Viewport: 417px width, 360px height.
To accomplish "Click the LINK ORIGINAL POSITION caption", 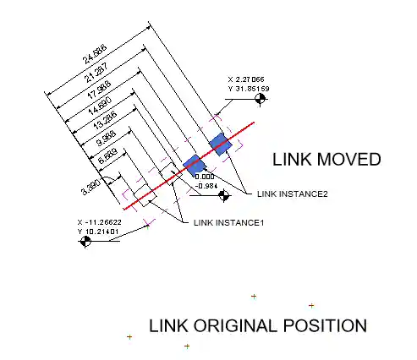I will point(258,325).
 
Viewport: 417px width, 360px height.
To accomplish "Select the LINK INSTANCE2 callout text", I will point(293,194).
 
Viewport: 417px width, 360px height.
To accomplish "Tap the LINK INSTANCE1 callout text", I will point(229,222).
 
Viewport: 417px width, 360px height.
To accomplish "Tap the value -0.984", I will point(206,184).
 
